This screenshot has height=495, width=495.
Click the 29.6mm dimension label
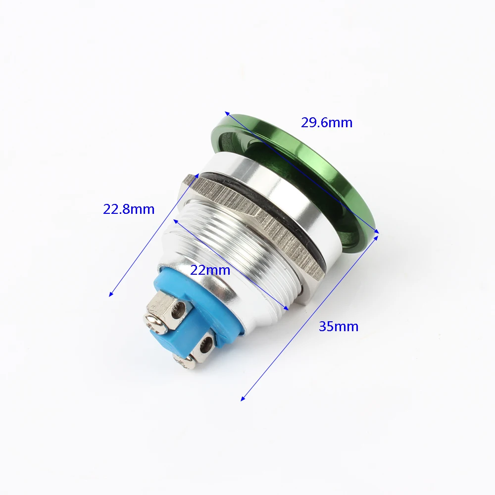click(x=326, y=122)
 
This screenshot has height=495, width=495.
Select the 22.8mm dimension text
click(x=129, y=209)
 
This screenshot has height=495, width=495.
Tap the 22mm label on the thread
click(x=210, y=270)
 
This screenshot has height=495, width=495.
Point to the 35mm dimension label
click(x=339, y=326)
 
